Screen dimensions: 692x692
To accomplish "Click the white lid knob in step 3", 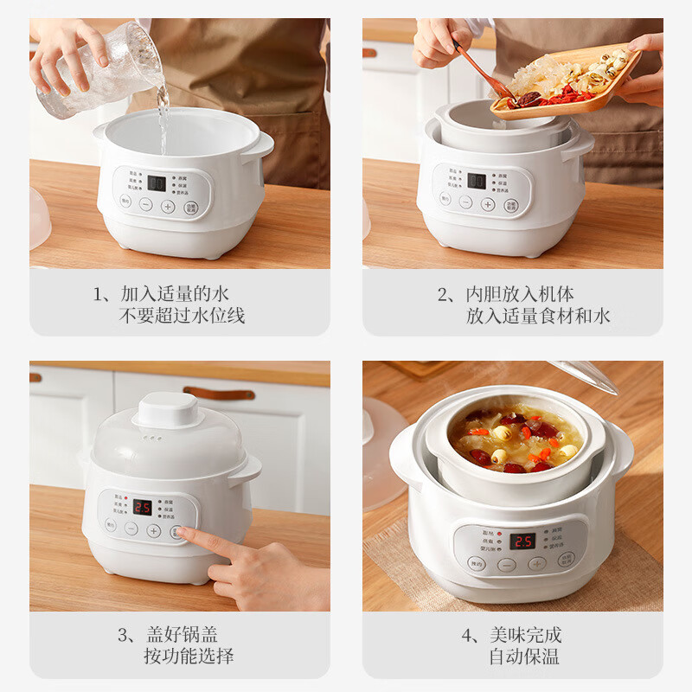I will tap(168, 409).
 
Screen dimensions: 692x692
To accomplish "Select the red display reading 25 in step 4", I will tap(522, 541).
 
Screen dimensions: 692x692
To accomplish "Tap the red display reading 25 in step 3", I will tap(142, 507).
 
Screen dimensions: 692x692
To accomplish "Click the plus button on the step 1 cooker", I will tap(168, 206).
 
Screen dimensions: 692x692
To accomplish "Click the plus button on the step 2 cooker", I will tap(488, 204).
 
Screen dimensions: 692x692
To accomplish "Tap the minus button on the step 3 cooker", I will tap(131, 529).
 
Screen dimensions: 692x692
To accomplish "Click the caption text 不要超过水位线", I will tap(182, 316).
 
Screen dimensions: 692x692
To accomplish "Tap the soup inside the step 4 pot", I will tap(516, 438).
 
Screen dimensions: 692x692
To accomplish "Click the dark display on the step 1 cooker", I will tap(157, 183).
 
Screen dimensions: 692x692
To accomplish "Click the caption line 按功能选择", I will tap(189, 657).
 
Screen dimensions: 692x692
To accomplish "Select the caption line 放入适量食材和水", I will tap(538, 316).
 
